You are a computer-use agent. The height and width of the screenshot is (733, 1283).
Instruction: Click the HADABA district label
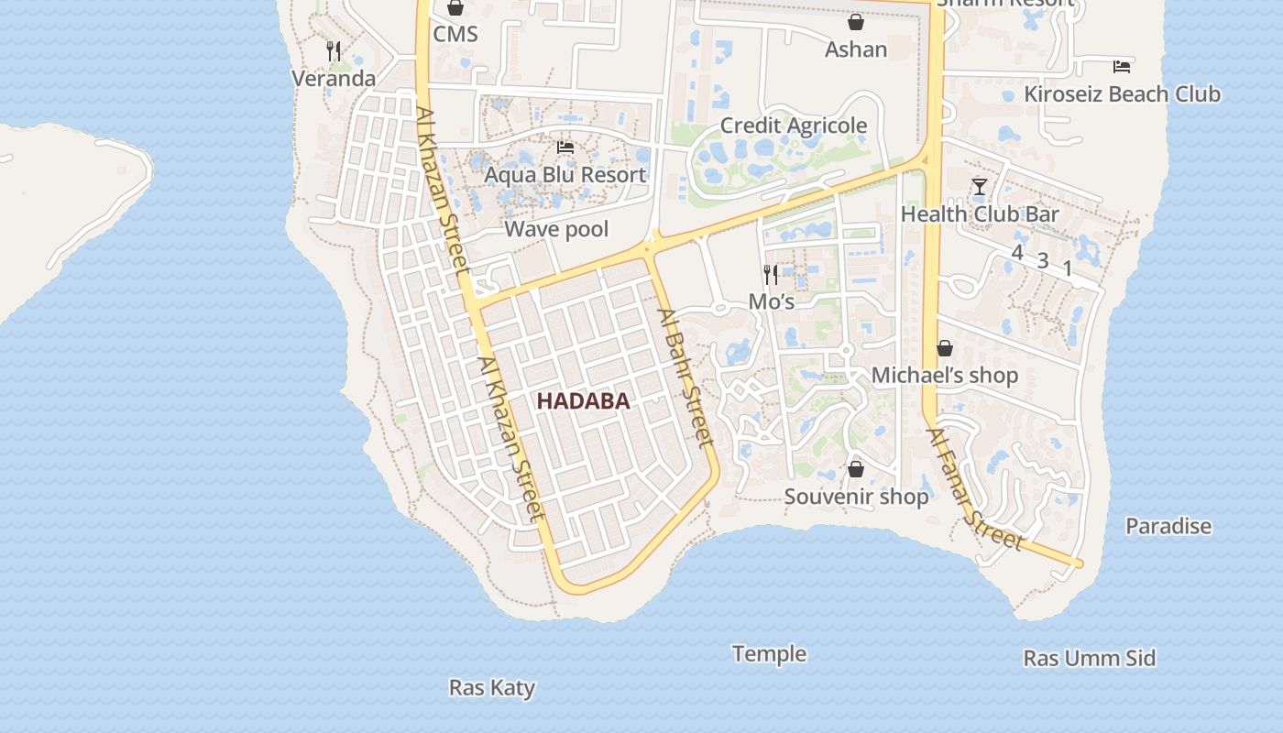583,401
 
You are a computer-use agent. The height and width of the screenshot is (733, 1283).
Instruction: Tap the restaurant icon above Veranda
334,51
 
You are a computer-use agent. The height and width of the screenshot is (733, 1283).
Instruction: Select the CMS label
455,34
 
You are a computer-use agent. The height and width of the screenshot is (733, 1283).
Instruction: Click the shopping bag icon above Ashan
856,22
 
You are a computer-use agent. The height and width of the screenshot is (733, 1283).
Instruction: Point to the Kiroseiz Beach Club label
1122,94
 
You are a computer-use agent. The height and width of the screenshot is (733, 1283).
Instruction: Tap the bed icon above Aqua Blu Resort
565,147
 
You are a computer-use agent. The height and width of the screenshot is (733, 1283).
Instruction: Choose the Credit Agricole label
794,126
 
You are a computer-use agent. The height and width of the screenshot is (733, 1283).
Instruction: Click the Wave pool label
556,229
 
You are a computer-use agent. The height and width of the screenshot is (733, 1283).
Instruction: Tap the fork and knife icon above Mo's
771,274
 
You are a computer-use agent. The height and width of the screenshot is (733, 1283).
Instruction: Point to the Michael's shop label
944,376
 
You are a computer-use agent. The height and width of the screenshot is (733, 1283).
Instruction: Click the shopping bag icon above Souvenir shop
856,470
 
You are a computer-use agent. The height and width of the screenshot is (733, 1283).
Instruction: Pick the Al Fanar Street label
974,490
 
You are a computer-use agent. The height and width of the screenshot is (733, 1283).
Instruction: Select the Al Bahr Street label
685,377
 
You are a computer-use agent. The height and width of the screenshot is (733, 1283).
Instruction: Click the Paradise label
1168,527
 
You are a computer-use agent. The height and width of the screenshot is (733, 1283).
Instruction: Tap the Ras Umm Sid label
1089,659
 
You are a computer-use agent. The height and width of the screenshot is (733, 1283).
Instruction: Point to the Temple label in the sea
769,654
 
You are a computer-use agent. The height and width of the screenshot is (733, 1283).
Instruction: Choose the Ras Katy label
492,688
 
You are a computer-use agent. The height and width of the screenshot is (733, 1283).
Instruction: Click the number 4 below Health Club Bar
1016,252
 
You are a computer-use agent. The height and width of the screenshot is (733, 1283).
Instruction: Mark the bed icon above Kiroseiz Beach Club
1122,67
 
